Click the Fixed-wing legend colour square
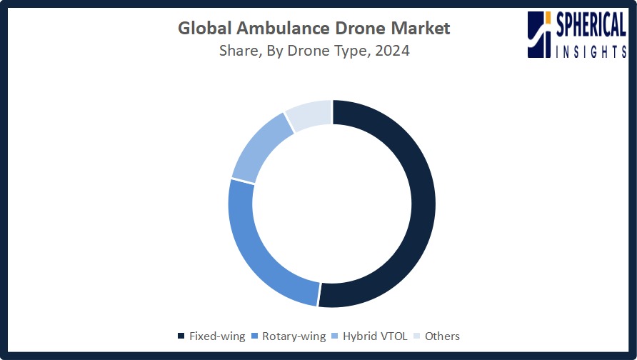point(181,336)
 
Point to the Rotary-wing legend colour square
point(255,336)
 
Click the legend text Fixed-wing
point(217,336)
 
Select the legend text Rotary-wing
point(294,336)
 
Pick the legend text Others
point(442,336)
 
